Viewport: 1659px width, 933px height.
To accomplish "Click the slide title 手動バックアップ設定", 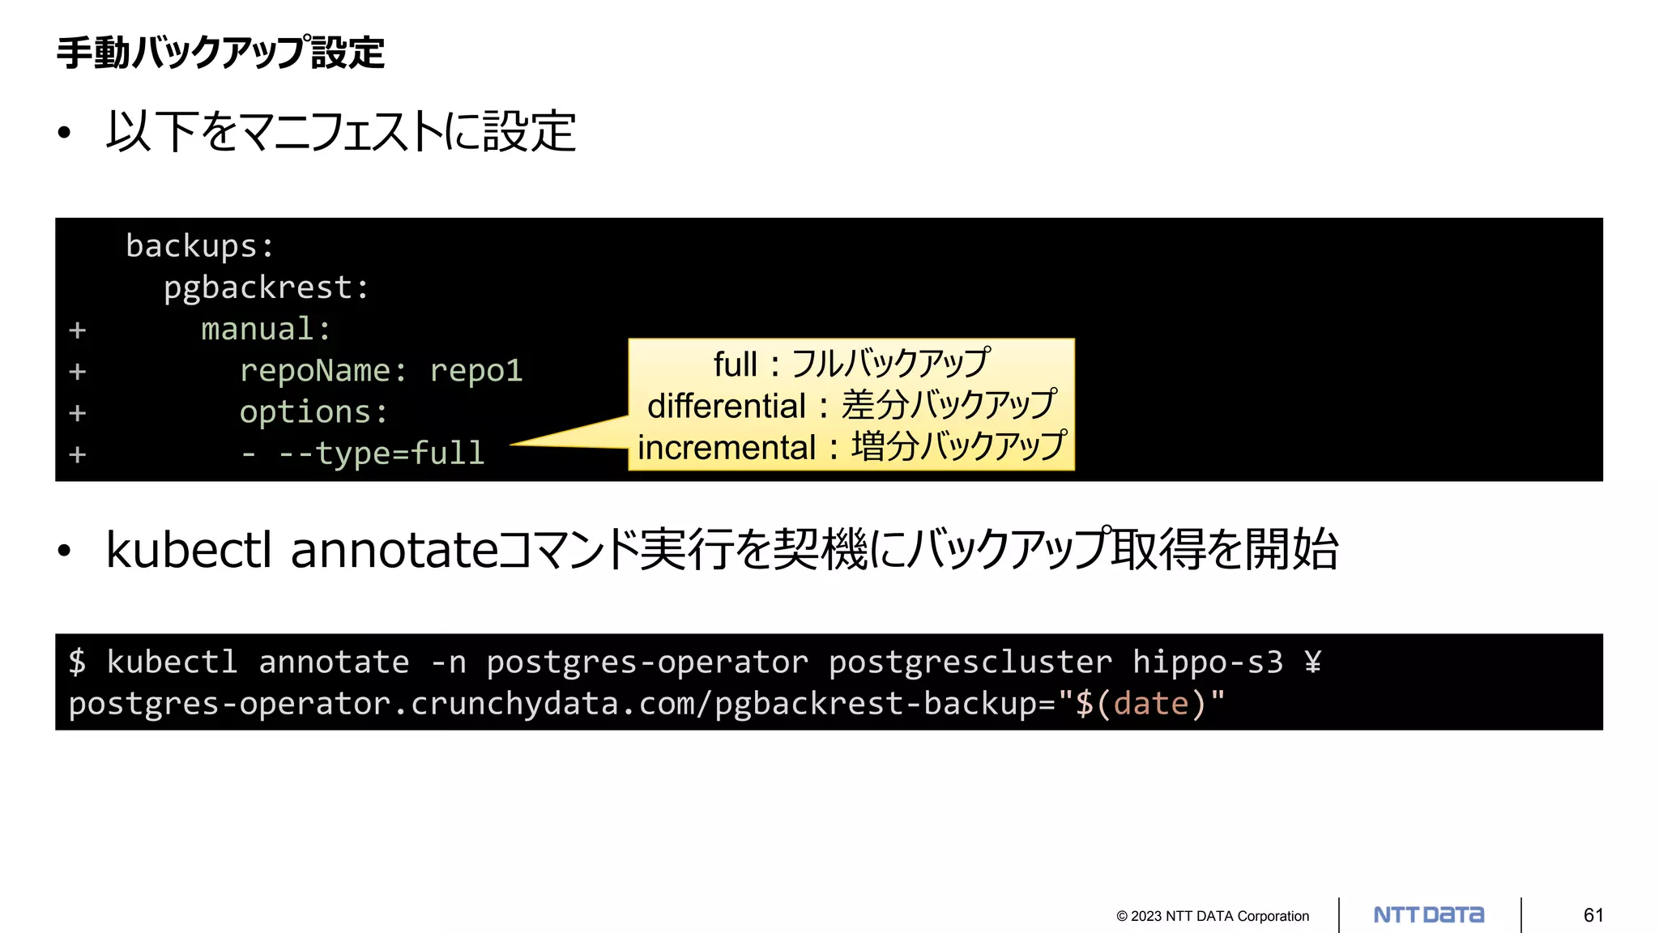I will click(220, 53).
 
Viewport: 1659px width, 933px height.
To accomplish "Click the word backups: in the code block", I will click(199, 246).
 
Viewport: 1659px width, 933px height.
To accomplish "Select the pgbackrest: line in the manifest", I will click(266, 288).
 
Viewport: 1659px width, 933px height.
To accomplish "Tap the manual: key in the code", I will click(266, 330).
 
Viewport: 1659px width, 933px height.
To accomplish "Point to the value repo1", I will click(476, 371).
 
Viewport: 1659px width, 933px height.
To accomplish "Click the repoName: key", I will click(322, 371).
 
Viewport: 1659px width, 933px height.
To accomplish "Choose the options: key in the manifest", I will click(313, 412).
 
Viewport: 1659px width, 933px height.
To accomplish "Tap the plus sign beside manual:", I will click(78, 330).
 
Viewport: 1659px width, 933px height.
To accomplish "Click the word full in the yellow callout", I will click(735, 364).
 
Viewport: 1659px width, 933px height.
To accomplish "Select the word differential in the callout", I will click(727, 406).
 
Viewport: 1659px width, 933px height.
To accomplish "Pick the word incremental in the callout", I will click(727, 448).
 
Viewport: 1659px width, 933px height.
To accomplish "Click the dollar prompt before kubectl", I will click(77, 662).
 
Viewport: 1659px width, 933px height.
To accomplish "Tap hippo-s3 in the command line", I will click(1208, 662).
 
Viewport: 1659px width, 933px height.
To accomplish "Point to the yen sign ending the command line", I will click(1313, 662).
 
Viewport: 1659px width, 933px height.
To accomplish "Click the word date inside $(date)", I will click(1151, 704).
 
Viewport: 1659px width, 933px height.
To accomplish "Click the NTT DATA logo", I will click(1429, 915).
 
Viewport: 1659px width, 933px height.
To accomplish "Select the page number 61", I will click(1593, 915).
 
